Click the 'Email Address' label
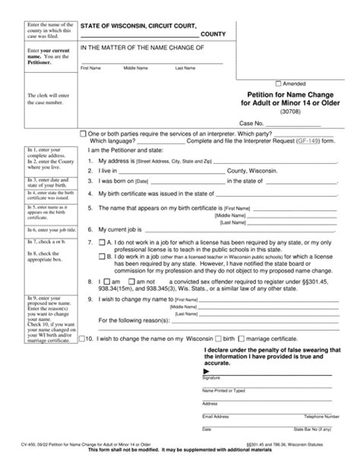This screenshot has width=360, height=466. click(x=216, y=417)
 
